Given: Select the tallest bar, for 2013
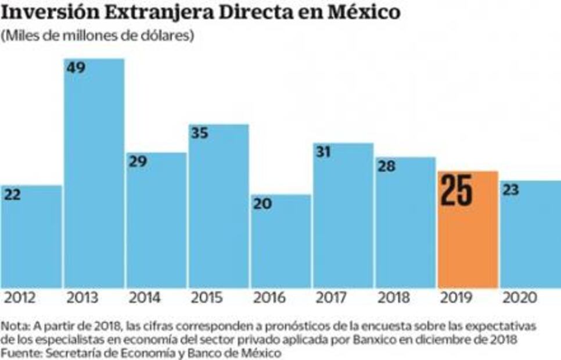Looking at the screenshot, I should (93, 174).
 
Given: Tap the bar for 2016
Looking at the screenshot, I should (281, 244).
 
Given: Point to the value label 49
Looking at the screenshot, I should (75, 68).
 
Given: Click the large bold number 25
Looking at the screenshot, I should (456, 192).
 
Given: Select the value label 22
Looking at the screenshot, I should (12, 195).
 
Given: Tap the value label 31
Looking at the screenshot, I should (323, 152).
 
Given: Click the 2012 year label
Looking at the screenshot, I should (20, 298).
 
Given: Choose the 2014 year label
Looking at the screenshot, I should (145, 298).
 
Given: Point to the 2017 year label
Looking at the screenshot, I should (332, 298).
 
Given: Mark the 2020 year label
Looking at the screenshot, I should (520, 298).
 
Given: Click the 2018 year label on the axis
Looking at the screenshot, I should (395, 298).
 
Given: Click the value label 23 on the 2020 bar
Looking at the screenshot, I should (512, 190).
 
